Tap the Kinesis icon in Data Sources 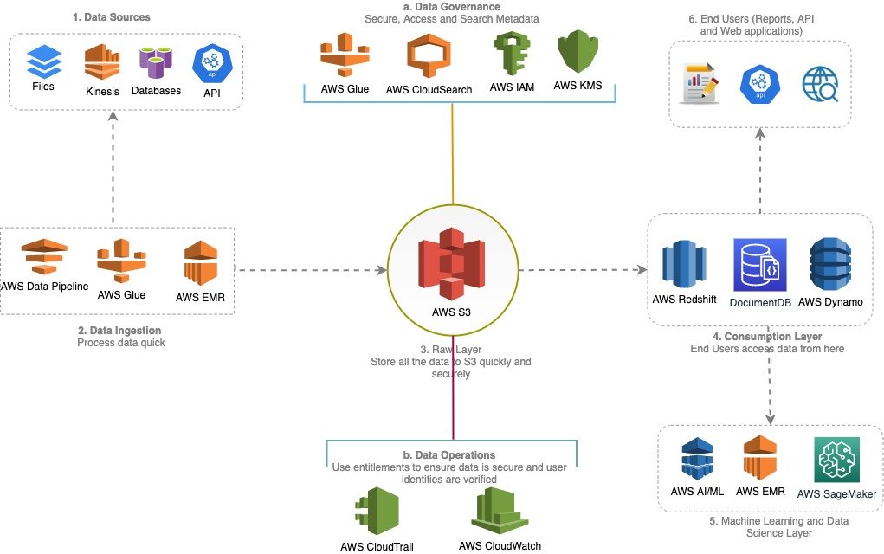[x=102, y=62]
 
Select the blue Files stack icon [x=42, y=61]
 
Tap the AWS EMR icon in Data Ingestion [x=200, y=263]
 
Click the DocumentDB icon [x=757, y=264]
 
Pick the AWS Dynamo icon [x=830, y=263]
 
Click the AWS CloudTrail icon [x=377, y=512]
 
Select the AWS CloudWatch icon [x=500, y=511]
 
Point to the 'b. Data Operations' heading [x=449, y=454]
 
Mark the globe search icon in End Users [x=819, y=86]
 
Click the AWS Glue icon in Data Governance [x=345, y=55]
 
